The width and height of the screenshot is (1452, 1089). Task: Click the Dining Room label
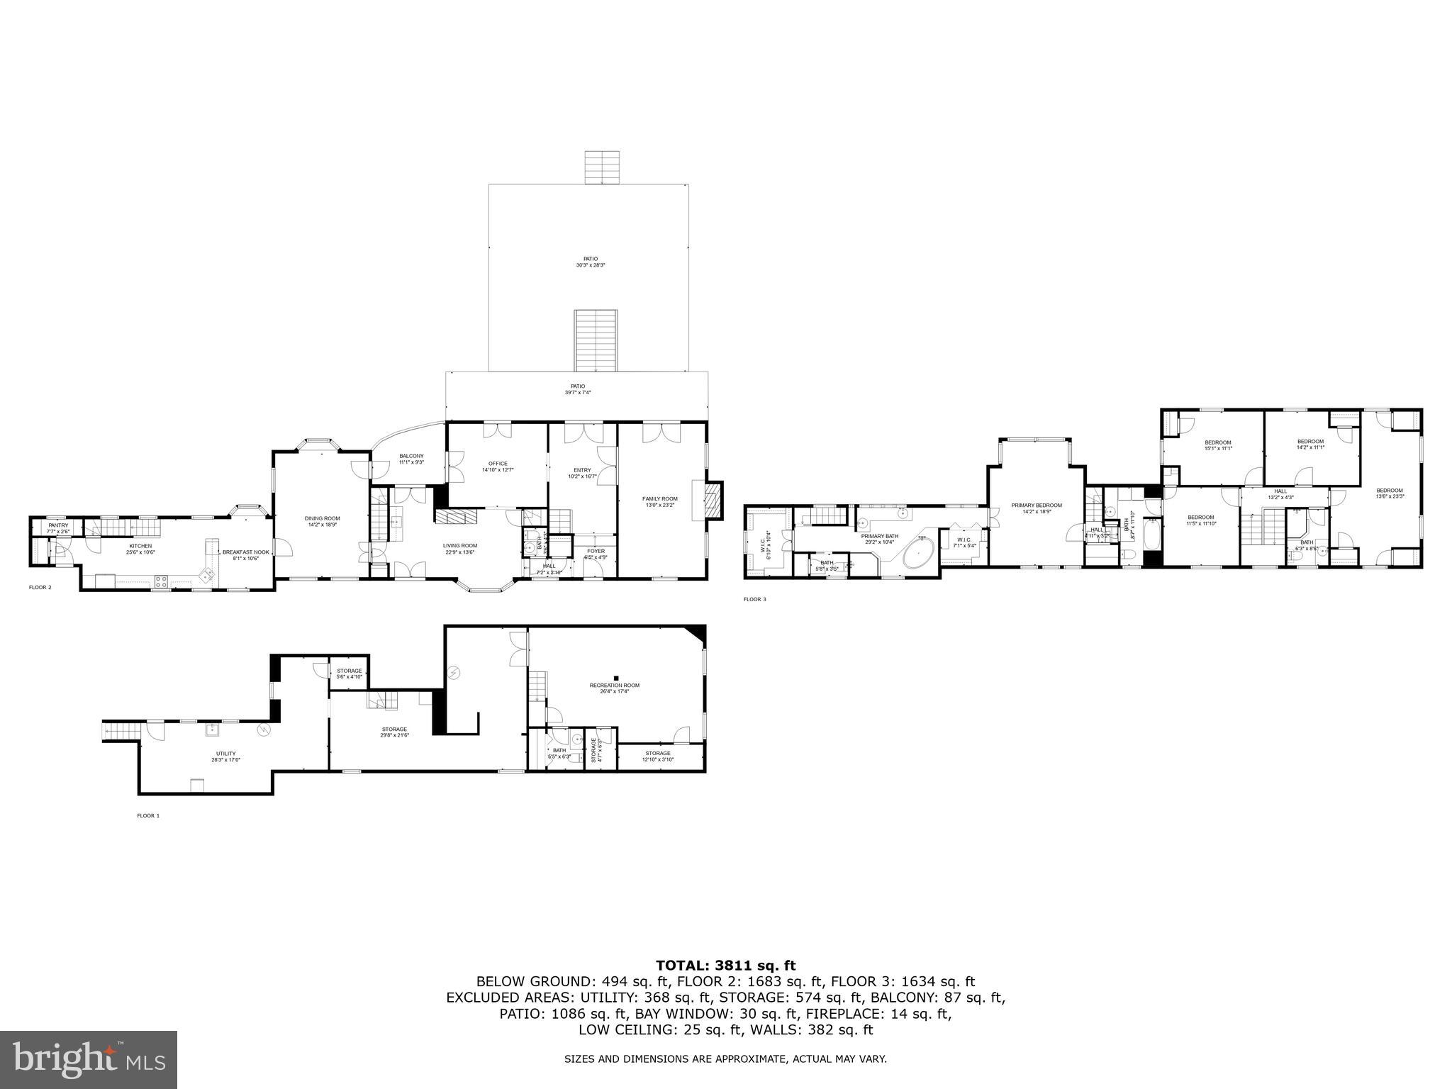(x=323, y=518)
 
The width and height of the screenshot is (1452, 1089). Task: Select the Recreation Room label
(x=614, y=686)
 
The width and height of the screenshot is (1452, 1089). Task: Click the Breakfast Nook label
(x=245, y=552)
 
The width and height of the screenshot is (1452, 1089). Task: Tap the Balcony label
(x=411, y=456)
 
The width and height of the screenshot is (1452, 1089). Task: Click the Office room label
(x=498, y=464)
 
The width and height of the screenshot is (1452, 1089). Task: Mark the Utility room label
(x=226, y=754)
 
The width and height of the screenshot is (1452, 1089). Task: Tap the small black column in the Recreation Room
(x=616, y=677)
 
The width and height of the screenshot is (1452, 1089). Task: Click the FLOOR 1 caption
(x=148, y=816)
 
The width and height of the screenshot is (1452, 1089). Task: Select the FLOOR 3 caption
(x=754, y=599)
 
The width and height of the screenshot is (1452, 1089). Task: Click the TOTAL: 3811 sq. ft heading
(x=725, y=965)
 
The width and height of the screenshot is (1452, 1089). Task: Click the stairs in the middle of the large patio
(x=596, y=340)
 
